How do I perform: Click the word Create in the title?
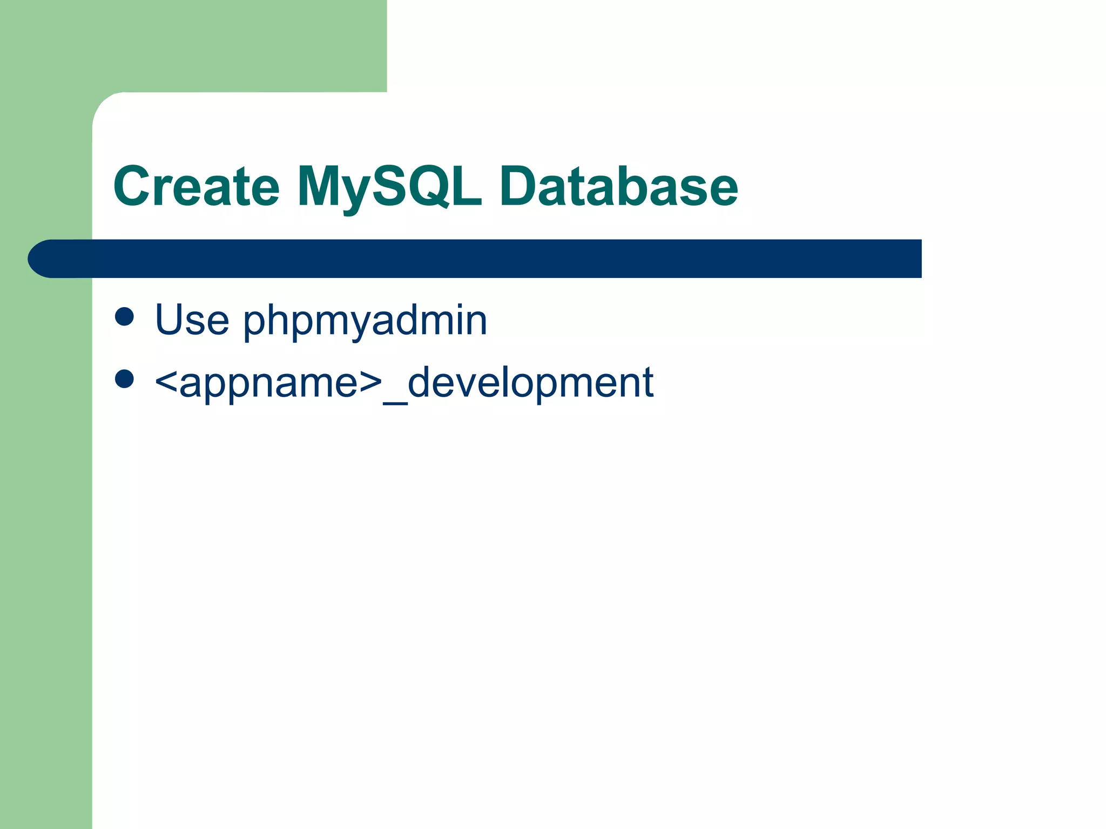pyautogui.click(x=196, y=186)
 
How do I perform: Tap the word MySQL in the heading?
pyautogui.click(x=389, y=186)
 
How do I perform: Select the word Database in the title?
pyautogui.click(x=618, y=186)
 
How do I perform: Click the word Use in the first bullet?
pyautogui.click(x=192, y=320)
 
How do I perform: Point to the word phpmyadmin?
pyautogui.click(x=365, y=321)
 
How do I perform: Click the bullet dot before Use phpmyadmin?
pyautogui.click(x=124, y=317)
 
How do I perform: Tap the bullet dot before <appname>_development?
pyautogui.click(x=124, y=379)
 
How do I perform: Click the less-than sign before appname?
pyautogui.click(x=166, y=383)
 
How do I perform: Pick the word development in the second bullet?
pyautogui.click(x=530, y=383)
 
